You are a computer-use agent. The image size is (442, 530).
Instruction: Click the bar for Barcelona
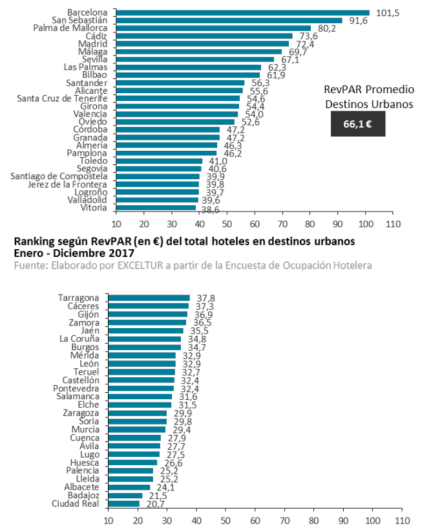(242, 12)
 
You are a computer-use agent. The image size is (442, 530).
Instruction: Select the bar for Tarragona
(149, 298)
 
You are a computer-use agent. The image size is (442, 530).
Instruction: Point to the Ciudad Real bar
(123, 503)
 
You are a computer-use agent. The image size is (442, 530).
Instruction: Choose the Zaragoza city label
(81, 413)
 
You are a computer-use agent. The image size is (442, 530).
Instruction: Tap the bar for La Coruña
(144, 338)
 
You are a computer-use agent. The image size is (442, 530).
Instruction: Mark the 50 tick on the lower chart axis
(226, 520)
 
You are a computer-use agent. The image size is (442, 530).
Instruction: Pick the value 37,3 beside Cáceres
(200, 306)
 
